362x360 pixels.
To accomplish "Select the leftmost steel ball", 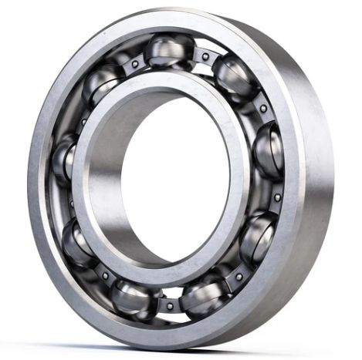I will point(65,160).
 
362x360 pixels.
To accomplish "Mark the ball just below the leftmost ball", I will point(78,244).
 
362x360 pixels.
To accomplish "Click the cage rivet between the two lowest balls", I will point(169,306).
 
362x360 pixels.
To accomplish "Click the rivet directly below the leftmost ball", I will point(66,204).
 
